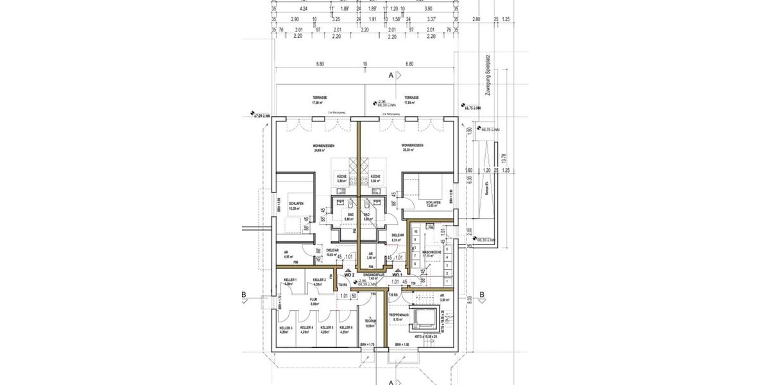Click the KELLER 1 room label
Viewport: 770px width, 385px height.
point(291,281)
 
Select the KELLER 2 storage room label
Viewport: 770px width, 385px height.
point(320,281)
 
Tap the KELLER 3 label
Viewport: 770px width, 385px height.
point(286,329)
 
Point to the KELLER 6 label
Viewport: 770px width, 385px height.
point(346,329)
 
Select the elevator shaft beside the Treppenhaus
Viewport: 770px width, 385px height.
point(425,318)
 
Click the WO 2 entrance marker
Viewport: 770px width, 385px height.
point(350,275)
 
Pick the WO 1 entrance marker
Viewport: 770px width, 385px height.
point(397,275)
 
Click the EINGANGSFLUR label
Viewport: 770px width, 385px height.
point(373,275)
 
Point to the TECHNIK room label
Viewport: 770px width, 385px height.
point(370,323)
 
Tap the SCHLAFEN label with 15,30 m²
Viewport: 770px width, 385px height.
point(295,206)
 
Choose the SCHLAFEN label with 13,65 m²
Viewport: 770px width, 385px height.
point(434,203)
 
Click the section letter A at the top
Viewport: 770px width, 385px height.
point(391,75)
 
